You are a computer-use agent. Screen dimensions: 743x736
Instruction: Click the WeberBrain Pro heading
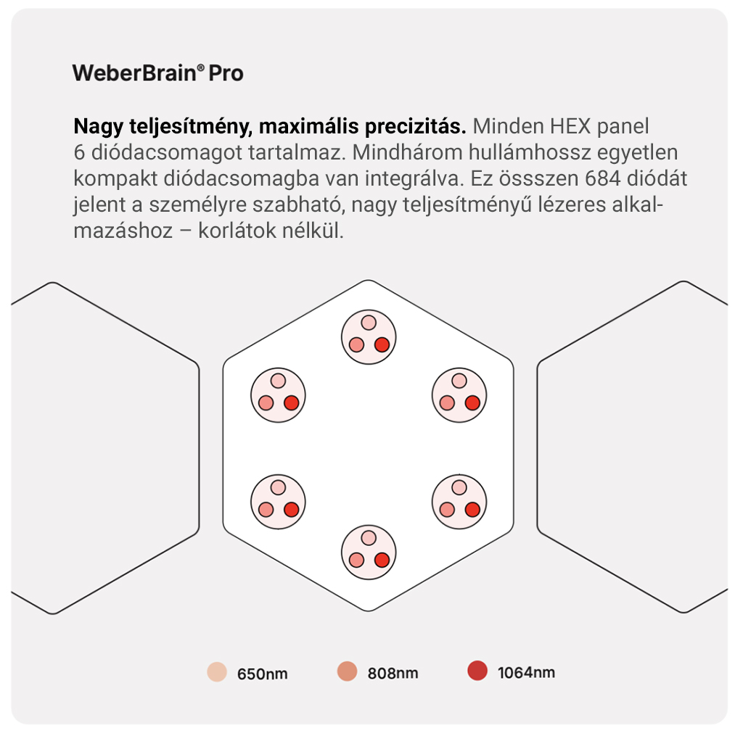[157, 73]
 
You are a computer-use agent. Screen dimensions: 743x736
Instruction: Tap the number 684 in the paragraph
[603, 178]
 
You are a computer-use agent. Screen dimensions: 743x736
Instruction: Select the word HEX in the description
[570, 126]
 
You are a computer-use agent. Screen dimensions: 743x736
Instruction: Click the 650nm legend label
[262, 674]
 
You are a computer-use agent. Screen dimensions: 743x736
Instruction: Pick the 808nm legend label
[393, 673]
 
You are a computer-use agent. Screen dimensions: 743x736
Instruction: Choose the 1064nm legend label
[526, 672]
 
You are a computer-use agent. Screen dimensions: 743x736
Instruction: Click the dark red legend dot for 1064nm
[477, 671]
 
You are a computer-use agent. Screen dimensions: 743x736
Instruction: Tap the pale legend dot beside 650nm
[217, 672]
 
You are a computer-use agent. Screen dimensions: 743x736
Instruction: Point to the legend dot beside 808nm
[347, 671]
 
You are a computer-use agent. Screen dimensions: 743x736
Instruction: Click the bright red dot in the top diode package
[382, 344]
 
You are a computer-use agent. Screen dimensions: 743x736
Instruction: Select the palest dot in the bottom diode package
[369, 538]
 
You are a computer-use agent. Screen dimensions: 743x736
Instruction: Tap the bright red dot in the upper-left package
[292, 403]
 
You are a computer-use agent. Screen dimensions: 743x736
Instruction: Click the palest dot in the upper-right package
[459, 381]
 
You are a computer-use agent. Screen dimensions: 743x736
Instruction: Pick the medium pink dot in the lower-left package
[266, 510]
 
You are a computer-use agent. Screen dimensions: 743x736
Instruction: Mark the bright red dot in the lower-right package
[472, 510]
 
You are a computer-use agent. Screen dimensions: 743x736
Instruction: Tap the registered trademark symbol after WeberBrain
[201, 68]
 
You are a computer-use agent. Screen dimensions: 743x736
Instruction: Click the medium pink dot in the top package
[356, 344]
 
